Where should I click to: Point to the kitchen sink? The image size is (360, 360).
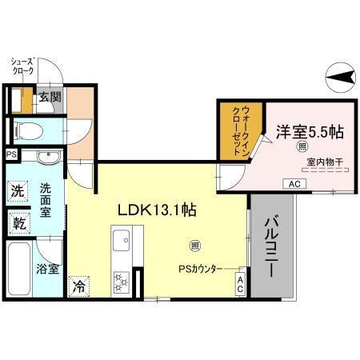click(x=123, y=240)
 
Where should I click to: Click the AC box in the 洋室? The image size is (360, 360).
click(x=294, y=184)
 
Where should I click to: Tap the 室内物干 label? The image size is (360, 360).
click(x=324, y=162)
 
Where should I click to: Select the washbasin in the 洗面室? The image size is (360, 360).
click(x=38, y=157)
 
